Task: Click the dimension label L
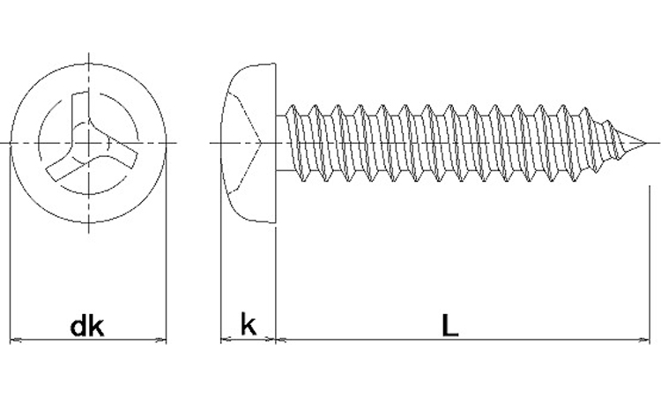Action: pos(450,326)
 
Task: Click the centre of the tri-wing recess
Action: pos(87,142)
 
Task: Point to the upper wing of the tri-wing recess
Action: pos(84,106)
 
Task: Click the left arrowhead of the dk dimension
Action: pos(12,340)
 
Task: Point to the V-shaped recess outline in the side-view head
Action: pos(262,142)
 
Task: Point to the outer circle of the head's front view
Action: pos(87,64)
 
